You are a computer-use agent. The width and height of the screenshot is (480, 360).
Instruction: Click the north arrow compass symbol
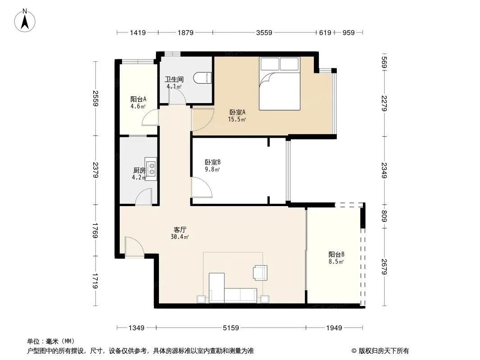(25, 21)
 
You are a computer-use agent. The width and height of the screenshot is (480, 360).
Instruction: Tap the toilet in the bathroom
(203, 78)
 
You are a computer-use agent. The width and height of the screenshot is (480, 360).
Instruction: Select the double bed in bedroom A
(279, 84)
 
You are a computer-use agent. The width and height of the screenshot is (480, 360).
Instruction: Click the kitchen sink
(151, 169)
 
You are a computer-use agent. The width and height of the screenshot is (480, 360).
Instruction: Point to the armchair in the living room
(261, 273)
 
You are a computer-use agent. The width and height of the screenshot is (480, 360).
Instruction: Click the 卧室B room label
(213, 162)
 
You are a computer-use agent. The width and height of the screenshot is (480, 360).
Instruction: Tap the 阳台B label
(336, 255)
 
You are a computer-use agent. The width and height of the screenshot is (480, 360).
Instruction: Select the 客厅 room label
(180, 229)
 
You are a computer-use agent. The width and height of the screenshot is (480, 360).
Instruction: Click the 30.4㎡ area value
(180, 237)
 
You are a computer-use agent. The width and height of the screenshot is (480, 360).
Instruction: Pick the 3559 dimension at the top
(264, 32)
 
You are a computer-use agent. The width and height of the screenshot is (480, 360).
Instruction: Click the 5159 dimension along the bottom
(231, 328)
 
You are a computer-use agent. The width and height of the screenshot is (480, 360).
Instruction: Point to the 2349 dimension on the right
(385, 171)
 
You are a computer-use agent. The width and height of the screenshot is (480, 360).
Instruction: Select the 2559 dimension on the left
(95, 99)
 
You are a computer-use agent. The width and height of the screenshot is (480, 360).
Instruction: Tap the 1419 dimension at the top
(138, 32)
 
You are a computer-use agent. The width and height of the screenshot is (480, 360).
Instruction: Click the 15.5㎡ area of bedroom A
(237, 120)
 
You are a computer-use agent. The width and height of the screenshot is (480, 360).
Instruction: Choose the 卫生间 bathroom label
(174, 80)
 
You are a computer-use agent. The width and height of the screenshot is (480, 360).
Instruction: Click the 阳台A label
(138, 99)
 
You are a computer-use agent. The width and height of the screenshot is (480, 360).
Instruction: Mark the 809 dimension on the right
(385, 216)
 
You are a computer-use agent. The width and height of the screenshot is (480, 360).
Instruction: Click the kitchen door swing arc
(143, 193)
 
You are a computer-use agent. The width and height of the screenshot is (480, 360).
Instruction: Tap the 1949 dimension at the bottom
(334, 328)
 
